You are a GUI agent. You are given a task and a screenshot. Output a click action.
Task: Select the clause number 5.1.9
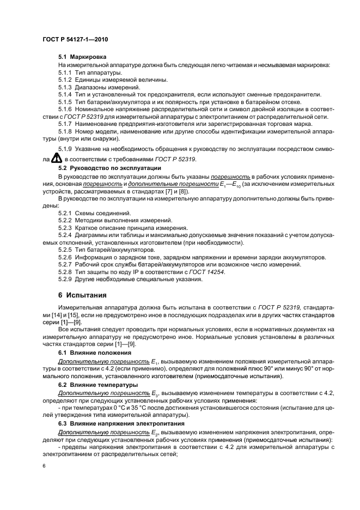coord(65,148)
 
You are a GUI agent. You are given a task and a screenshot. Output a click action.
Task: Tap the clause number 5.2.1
coord(65,212)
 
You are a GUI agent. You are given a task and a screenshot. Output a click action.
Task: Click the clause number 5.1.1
coord(65,72)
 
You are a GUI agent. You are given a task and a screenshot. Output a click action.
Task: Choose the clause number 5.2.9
coord(65,279)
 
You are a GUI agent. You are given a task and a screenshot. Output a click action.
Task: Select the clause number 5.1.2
coord(65,80)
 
